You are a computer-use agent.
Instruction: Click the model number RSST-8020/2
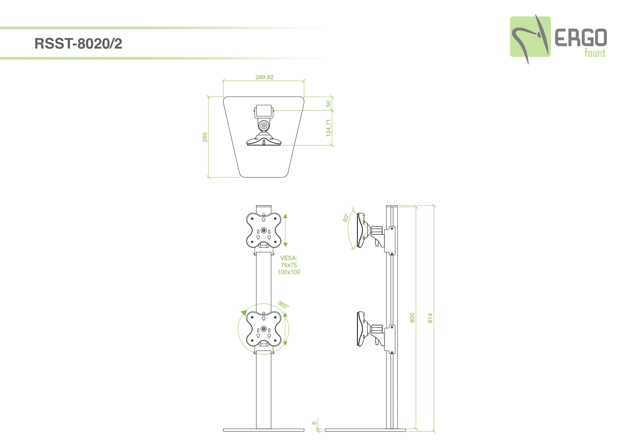pos(78,43)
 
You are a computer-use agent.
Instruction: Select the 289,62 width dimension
pos(265,77)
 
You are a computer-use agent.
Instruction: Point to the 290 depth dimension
pos(205,137)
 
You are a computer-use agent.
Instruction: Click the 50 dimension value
pos(329,104)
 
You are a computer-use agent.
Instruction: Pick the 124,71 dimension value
pos(329,128)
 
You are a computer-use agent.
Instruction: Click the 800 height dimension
pos(412,318)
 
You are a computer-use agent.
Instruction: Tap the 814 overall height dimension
pos(430,318)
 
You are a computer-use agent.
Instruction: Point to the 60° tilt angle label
pos(346,217)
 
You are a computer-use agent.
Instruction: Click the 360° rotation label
pos(283,304)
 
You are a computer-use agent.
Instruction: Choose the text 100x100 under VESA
pos(289,272)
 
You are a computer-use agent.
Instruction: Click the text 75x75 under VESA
pos(289,265)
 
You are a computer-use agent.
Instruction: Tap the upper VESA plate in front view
pos(264,230)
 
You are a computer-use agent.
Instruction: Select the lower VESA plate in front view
pos(264,329)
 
